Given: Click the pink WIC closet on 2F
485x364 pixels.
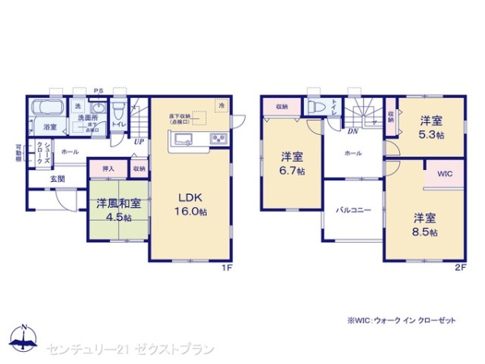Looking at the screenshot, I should [445, 174].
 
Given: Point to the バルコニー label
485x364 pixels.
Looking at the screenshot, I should [353, 210].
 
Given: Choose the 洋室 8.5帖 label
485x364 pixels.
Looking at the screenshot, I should [425, 225].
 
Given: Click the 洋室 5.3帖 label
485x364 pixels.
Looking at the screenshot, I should [431, 128].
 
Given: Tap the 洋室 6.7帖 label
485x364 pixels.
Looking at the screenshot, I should [292, 163].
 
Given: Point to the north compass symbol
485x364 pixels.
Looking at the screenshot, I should [24, 336].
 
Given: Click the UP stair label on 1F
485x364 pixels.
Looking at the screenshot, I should [138, 142].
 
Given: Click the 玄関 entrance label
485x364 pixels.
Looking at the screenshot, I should [58, 178].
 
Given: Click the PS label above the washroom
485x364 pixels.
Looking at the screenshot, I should [99, 91].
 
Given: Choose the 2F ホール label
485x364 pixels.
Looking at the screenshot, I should [353, 152].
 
